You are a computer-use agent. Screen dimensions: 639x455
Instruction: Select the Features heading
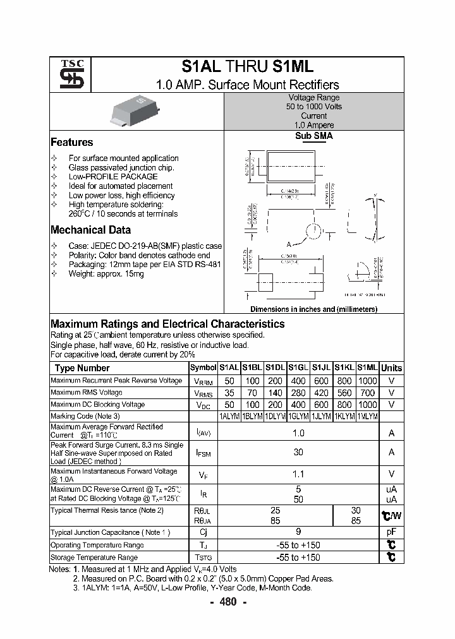[71, 142]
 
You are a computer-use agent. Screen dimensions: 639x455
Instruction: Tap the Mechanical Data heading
[90, 230]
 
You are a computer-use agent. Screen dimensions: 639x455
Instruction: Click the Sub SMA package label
[313, 136]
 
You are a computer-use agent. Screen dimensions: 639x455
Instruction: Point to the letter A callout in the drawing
[289, 244]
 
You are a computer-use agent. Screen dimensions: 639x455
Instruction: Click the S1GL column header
[298, 367]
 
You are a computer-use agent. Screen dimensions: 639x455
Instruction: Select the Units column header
[391, 367]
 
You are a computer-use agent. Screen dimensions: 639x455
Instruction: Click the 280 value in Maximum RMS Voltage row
[298, 392]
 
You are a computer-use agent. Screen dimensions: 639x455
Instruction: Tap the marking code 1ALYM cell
[229, 416]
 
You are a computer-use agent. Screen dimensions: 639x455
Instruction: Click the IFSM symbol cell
[203, 453]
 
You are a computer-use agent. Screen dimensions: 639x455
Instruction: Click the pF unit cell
[391, 532]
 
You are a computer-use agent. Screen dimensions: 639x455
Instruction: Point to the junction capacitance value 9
[298, 532]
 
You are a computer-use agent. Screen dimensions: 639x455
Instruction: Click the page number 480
[227, 602]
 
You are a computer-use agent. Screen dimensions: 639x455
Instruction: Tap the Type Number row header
[82, 367]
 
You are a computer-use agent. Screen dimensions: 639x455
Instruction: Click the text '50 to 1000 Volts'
[313, 107]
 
